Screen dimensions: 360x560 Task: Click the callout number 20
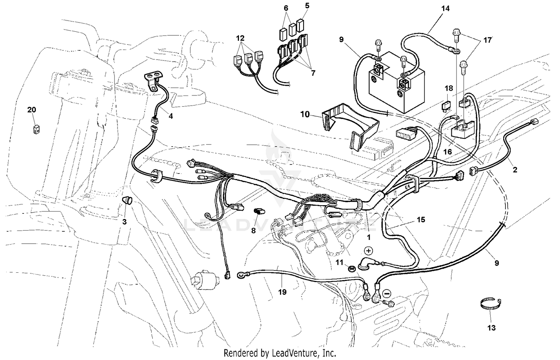coord(32,110)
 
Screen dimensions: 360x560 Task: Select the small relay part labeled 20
coord(36,129)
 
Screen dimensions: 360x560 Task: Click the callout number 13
coord(491,328)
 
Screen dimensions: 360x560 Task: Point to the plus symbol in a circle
coord(368,250)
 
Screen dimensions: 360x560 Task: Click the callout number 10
coord(305,114)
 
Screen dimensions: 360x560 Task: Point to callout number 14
coord(445,8)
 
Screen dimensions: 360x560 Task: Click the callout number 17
coord(488,40)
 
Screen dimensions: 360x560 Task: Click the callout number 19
coord(282,292)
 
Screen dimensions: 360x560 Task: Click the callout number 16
coord(447,152)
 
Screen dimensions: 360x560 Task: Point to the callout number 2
coord(515,170)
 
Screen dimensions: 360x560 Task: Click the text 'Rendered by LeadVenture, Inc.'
coord(280,353)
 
